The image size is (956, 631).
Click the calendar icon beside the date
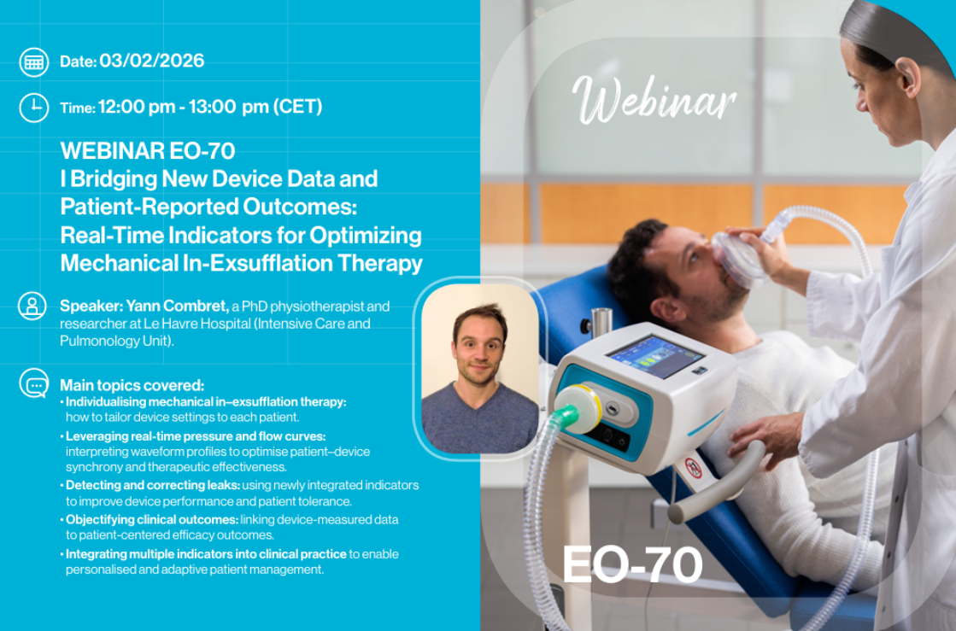34,62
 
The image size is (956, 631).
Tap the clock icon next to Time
34,108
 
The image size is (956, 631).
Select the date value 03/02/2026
152,61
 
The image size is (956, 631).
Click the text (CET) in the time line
297,108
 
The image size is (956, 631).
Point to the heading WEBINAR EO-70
148,150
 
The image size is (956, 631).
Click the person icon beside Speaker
33,306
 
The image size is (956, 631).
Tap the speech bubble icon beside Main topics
34,383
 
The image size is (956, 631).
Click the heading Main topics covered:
132,385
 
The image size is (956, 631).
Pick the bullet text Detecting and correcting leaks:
152,486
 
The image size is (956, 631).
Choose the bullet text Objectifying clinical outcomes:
152,519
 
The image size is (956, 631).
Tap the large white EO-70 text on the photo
632,564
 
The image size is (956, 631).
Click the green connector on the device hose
566,416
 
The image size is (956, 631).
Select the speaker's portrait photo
480,369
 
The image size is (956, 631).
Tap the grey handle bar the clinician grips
717,483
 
